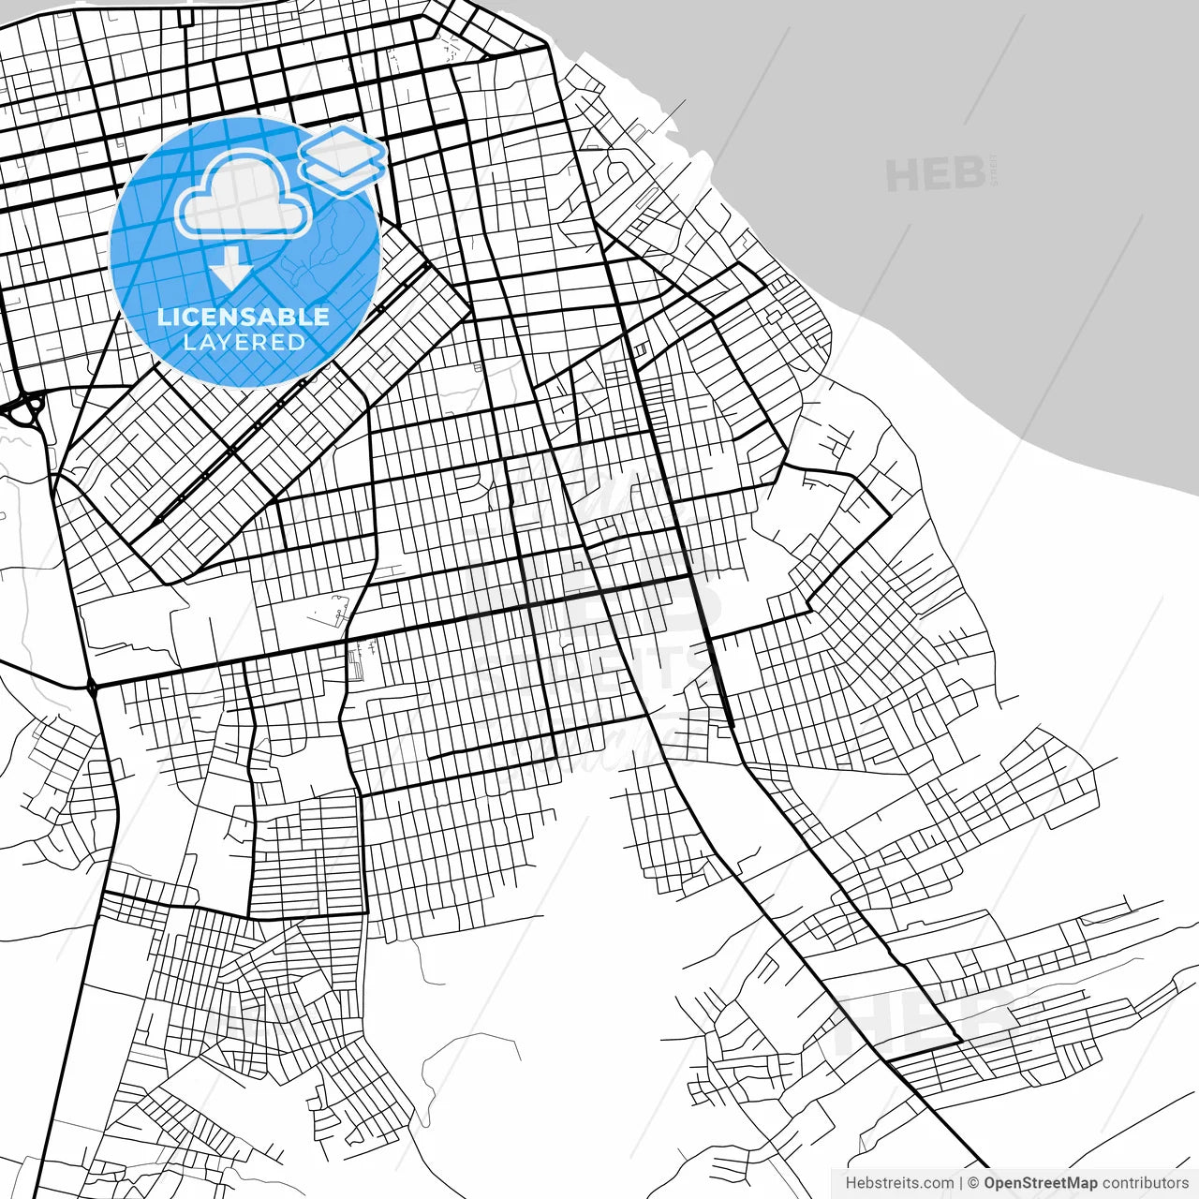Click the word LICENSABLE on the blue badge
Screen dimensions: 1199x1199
244,317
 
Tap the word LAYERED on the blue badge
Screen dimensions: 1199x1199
244,342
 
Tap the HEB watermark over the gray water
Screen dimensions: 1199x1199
935,175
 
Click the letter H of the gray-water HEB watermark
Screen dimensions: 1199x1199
901,175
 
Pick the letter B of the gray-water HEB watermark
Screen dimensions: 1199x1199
968,175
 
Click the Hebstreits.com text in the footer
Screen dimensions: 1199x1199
899,1183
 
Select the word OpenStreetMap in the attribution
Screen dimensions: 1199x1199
1040,1183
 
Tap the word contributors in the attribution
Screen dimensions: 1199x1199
1145,1183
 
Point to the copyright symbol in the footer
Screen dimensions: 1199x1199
973,1183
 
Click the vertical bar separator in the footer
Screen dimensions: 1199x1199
961,1183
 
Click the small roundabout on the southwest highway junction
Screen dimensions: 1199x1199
92,688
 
